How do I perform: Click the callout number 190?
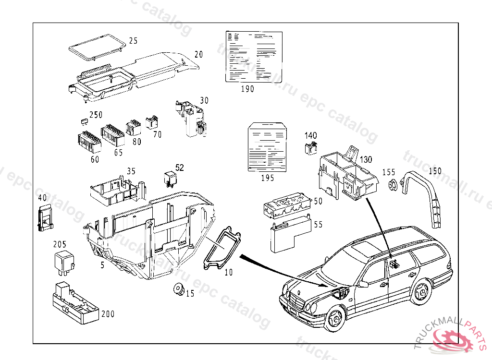click(248, 89)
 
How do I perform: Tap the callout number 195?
click(268, 178)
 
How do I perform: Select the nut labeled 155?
click(392, 184)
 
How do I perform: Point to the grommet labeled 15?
click(178, 289)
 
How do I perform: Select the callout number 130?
click(366, 159)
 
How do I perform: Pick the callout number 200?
click(108, 314)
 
